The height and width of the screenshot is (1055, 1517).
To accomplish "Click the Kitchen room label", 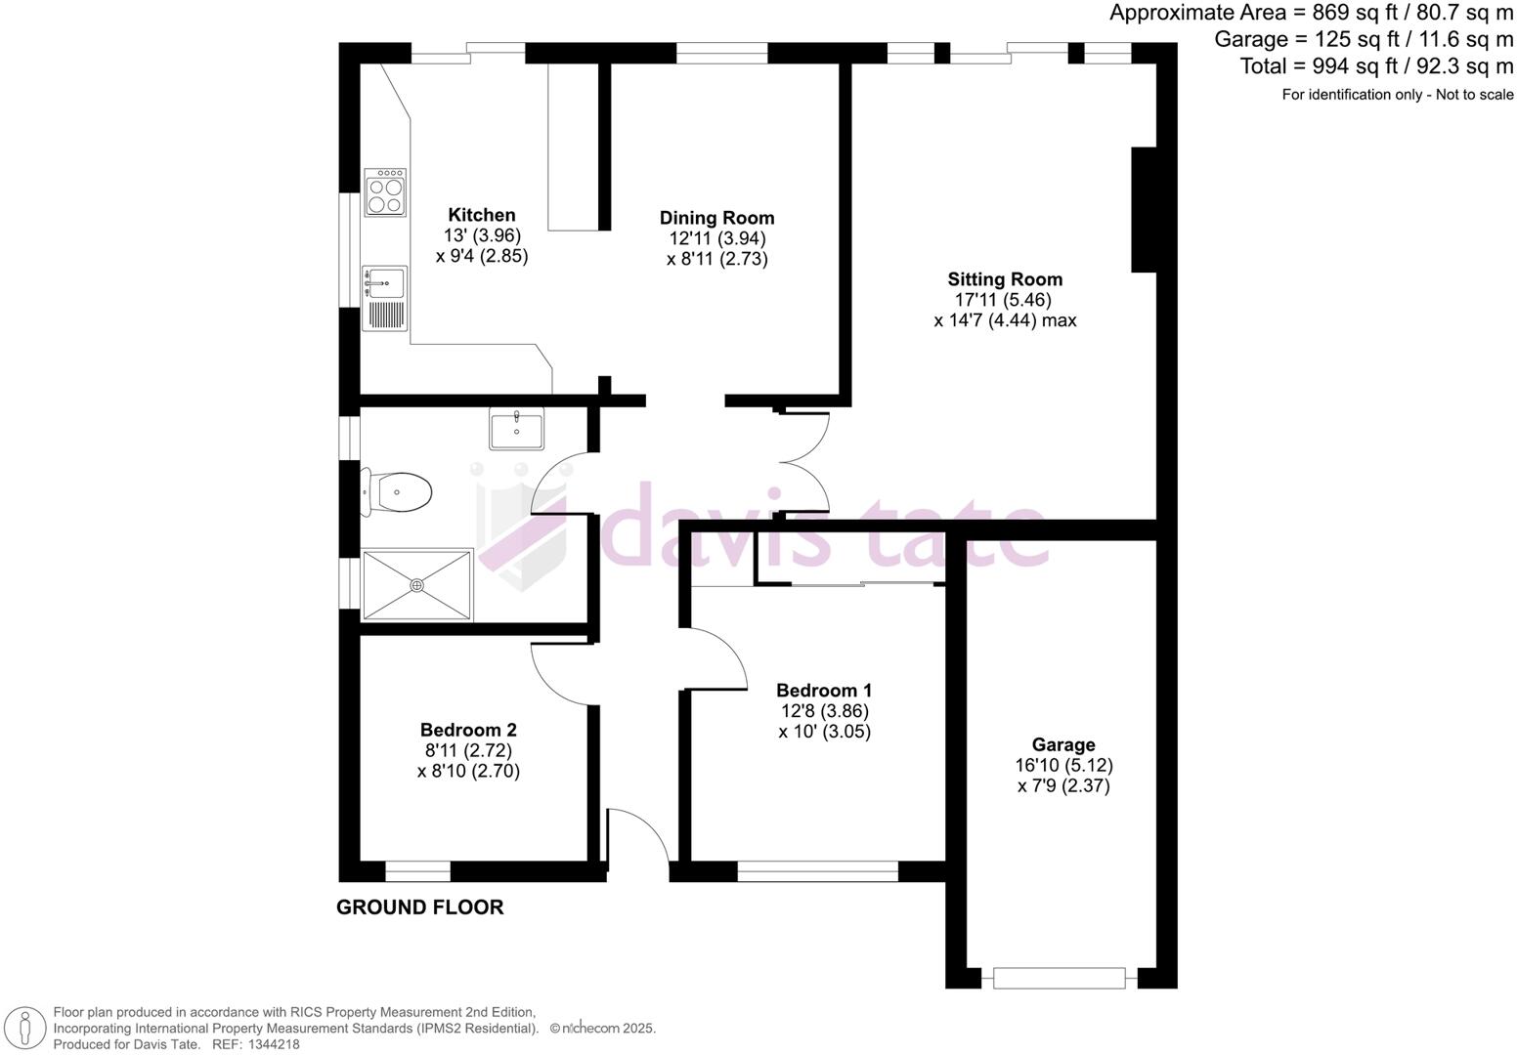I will [x=481, y=215].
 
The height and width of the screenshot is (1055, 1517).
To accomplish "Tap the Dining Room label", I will [x=716, y=218].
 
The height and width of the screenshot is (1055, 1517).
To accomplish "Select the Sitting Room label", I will [x=1005, y=279].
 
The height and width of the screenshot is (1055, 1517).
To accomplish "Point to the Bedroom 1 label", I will [x=823, y=691].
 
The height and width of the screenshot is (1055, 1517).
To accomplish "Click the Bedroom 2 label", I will [x=468, y=730].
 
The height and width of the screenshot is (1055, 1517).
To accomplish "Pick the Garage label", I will [x=1063, y=744].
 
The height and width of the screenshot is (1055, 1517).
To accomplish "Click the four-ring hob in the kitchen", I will [x=385, y=191].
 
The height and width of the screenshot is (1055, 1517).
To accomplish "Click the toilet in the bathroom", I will [x=400, y=491].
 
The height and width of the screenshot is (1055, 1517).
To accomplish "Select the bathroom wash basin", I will [x=516, y=428].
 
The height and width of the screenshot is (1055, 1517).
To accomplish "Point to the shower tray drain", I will [x=417, y=585].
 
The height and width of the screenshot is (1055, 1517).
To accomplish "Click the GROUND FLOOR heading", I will [x=420, y=907].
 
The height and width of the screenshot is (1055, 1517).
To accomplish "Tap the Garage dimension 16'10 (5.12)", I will [x=1064, y=765].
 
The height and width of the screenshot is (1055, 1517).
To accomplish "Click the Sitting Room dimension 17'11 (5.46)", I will [x=1004, y=300].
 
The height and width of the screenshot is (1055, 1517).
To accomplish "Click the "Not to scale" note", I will [x=1471, y=95].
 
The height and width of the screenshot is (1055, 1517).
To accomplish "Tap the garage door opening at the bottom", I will [x=1060, y=976].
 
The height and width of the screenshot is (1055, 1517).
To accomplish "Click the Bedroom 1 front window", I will [x=817, y=870].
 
